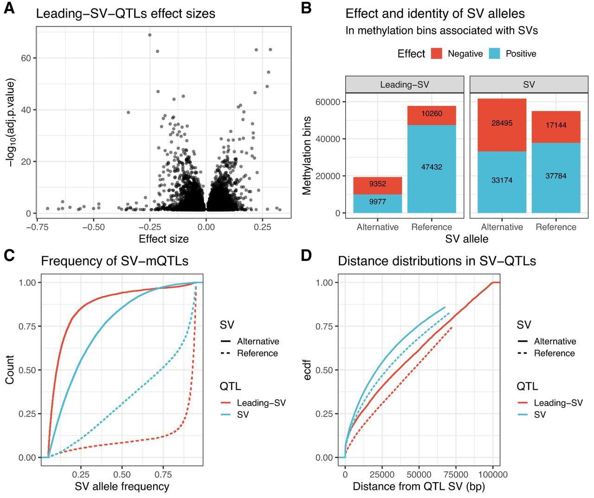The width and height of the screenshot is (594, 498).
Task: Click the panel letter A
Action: tap(9, 8)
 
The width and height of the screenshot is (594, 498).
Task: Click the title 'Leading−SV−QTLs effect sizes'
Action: tap(125, 13)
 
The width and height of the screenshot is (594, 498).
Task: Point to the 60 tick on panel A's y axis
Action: tap(26, 58)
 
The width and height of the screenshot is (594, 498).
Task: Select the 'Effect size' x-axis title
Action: tap(163, 239)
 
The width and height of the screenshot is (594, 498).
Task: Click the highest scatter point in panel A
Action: tap(149, 35)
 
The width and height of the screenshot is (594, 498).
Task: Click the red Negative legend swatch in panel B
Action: tap(436, 53)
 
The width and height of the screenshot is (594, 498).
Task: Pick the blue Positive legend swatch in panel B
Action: tap(494, 53)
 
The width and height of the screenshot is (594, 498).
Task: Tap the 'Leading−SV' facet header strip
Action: tap(404, 84)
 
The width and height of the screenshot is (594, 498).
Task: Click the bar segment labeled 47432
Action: tap(432, 167)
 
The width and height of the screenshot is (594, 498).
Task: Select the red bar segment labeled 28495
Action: tap(502, 123)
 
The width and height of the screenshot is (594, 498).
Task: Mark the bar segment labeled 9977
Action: tap(377, 202)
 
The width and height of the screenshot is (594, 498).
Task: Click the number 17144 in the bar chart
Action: tap(555, 125)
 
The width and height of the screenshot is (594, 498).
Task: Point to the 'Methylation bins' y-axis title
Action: tap(307, 155)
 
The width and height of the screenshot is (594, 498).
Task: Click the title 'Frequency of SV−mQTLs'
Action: tap(115, 261)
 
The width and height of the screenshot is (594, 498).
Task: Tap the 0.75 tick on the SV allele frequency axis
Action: tap(163, 474)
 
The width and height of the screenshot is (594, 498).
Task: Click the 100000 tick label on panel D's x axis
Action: tap(493, 474)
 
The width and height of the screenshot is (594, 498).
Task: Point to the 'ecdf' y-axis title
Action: tap(307, 370)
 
